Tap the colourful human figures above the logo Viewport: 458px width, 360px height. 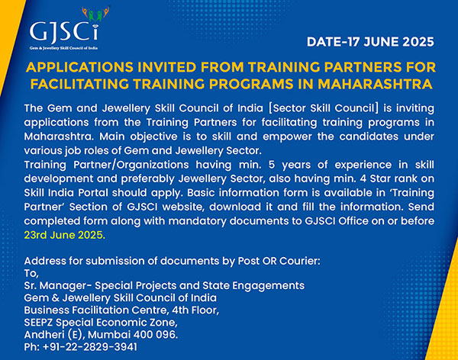95,14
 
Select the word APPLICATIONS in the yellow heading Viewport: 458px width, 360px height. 79,67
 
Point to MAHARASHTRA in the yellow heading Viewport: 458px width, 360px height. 375,84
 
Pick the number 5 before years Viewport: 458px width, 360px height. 272,165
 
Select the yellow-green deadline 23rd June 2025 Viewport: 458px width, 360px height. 65,235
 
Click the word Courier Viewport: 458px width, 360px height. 300,261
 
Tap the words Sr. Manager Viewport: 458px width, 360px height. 56,285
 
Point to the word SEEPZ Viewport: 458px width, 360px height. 39,323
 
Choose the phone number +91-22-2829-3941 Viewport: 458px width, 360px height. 90,347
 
